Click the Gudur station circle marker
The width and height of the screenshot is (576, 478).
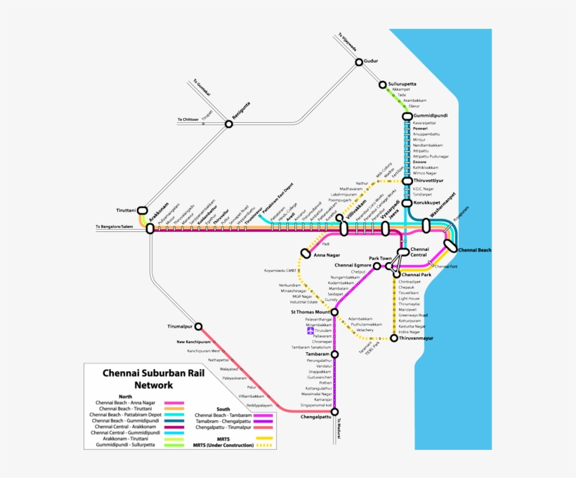pyautogui.click(x=359, y=62)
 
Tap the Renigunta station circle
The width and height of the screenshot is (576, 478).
pyautogui.click(x=228, y=124)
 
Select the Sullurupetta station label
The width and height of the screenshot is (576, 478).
pyautogui.click(x=402, y=84)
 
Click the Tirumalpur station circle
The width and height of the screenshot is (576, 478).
pyautogui.click(x=199, y=326)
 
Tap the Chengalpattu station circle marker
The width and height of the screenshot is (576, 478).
pyautogui.click(x=334, y=412)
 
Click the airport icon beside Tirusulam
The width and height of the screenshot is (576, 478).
pyautogui.click(x=310, y=331)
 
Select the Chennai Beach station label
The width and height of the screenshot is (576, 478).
pyautogui.click(x=475, y=250)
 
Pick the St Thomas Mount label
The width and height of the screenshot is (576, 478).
pyautogui.click(x=310, y=311)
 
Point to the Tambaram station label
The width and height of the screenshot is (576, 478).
pyautogui.click(x=318, y=354)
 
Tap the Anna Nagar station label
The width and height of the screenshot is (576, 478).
pyautogui.click(x=327, y=255)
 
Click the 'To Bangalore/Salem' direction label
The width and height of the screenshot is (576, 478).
pyautogui.click(x=114, y=227)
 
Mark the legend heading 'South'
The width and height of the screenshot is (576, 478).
pyautogui.click(x=223, y=408)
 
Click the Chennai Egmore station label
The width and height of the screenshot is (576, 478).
pyautogui.click(x=353, y=266)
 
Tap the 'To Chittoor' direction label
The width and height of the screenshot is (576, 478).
pyautogui.click(x=188, y=119)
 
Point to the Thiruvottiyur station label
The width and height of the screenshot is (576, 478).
pyautogui.click(x=430, y=181)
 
